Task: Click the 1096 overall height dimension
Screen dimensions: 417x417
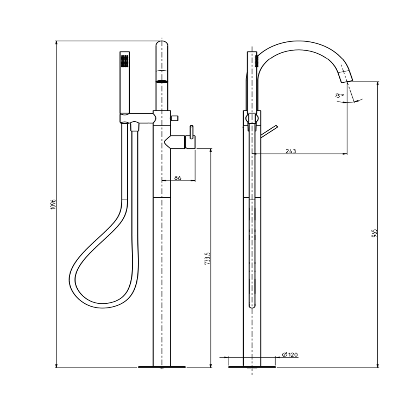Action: click(53, 204)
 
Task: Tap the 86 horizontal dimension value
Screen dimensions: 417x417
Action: click(178, 178)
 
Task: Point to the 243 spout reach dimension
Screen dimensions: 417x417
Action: click(291, 151)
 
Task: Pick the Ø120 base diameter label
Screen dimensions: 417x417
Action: click(290, 355)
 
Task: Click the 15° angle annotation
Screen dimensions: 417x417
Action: click(339, 95)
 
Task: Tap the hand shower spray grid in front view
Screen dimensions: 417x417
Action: click(125, 61)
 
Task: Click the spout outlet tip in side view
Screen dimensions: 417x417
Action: click(347, 81)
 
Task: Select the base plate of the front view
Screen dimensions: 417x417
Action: click(162, 367)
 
